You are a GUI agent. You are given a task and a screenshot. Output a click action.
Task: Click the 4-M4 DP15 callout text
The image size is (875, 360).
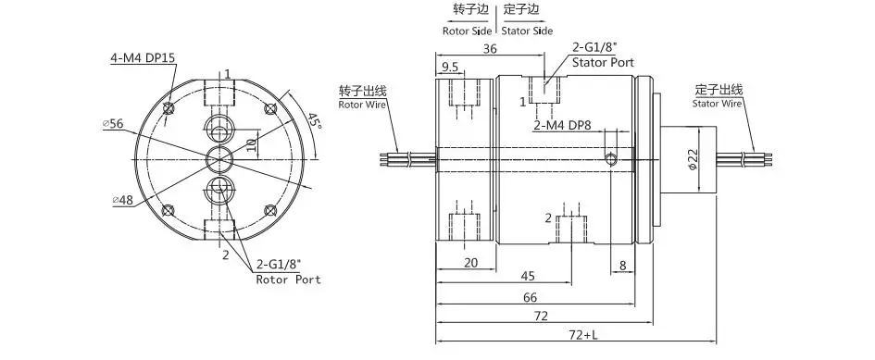click(x=143, y=57)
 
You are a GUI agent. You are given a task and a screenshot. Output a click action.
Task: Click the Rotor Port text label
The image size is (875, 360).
click(x=289, y=279)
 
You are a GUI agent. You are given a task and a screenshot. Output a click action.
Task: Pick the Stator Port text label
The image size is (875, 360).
click(x=603, y=63)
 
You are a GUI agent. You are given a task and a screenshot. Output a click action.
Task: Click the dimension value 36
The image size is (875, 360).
click(x=490, y=48)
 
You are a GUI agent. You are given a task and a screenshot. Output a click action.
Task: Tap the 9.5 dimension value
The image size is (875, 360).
click(x=450, y=68)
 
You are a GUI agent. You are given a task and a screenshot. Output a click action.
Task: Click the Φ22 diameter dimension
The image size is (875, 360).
click(x=692, y=160)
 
